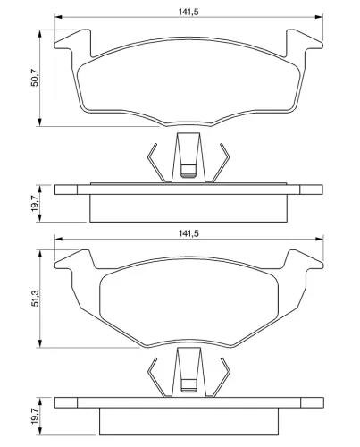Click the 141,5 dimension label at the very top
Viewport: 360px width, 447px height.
coord(188,12)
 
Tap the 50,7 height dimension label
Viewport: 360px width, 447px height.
coord(35,78)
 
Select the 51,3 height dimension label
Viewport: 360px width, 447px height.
coord(36,298)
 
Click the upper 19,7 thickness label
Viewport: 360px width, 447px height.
coord(35,203)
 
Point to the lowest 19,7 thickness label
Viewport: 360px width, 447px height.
coord(35,416)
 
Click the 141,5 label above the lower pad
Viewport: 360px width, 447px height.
coord(188,233)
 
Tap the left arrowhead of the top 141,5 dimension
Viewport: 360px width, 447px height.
coord(58,17)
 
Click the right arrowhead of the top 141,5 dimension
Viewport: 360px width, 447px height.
coord(319,17)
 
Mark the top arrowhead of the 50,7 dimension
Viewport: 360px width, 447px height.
coord(39,33)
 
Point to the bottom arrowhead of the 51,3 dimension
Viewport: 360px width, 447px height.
coord(39,343)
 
